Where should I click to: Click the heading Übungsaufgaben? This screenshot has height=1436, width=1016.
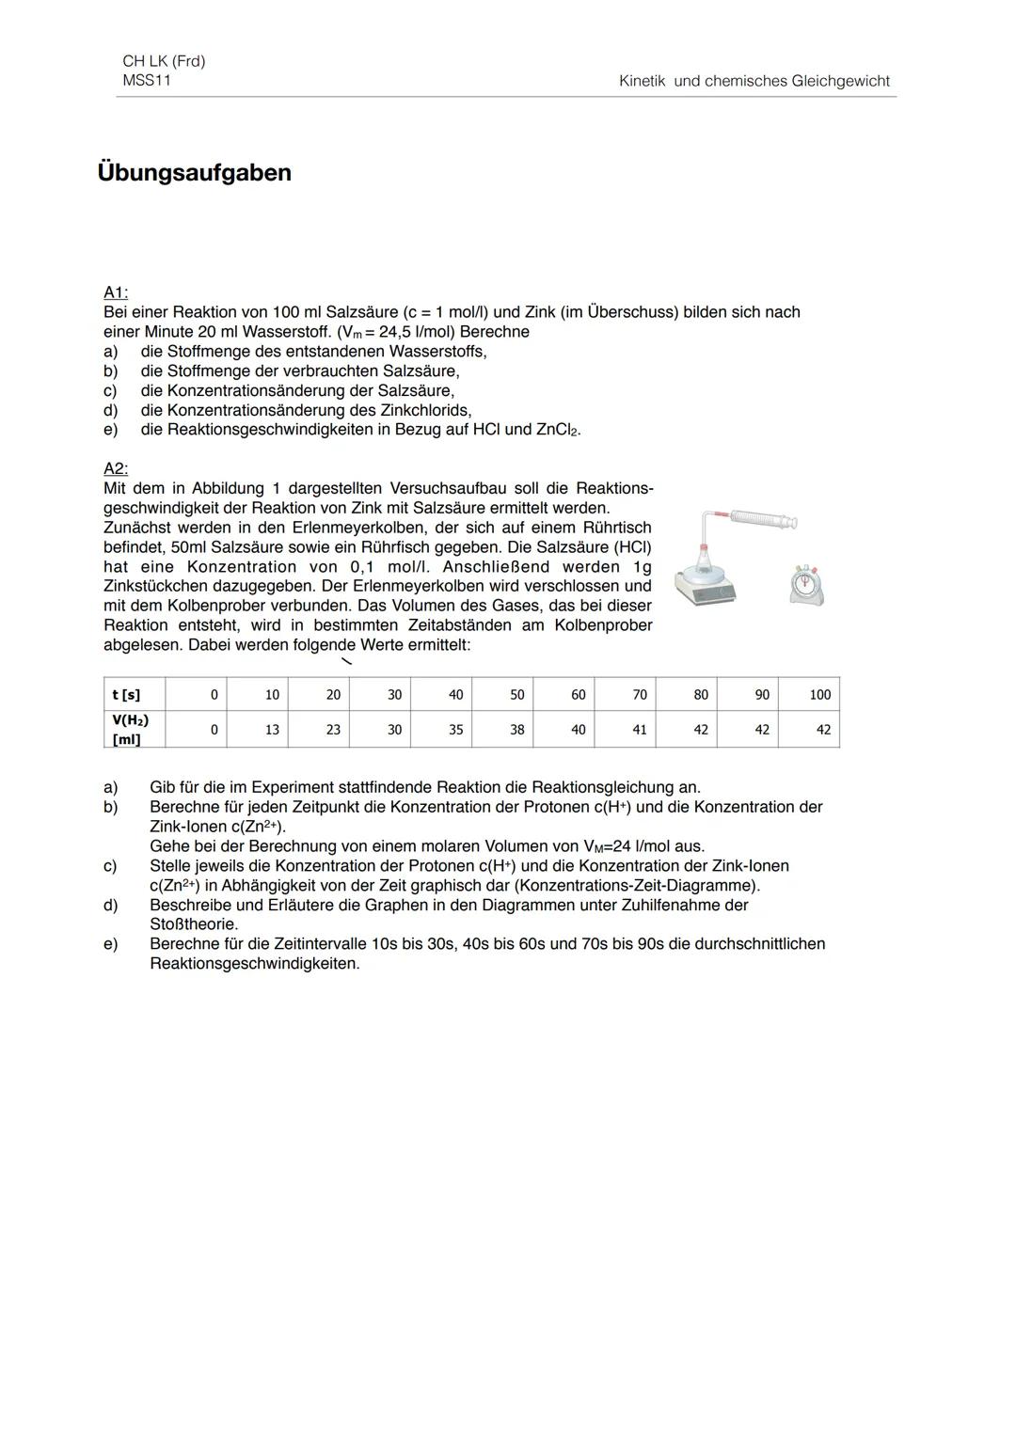195,173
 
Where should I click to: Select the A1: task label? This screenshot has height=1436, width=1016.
116,292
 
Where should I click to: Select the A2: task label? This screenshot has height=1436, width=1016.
116,468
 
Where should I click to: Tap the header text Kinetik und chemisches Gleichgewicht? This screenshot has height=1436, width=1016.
754,81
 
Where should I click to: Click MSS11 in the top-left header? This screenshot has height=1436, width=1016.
147,80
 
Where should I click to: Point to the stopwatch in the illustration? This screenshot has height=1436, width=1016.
805,585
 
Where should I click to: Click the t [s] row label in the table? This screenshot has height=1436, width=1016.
126,695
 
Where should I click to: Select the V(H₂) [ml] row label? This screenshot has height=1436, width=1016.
131,730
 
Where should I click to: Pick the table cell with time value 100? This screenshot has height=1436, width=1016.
819,695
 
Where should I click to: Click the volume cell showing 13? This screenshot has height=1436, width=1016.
271,730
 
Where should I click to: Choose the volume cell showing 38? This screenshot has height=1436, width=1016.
516,730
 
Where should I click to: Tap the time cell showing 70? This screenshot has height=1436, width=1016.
640,695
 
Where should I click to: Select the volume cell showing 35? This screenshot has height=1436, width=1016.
455,730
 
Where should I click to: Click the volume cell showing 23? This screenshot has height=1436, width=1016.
332,730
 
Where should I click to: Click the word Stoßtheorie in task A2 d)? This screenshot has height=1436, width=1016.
194,924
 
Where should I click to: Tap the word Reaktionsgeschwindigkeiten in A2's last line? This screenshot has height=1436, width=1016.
254,964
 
